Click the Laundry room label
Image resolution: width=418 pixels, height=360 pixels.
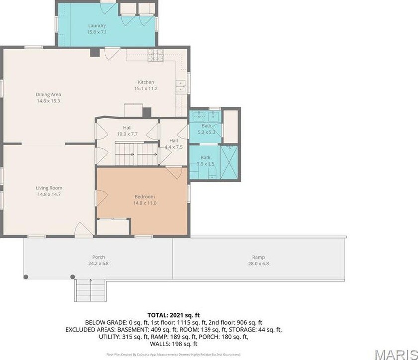coord(97,26)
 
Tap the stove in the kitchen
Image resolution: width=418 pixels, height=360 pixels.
coord(155,56)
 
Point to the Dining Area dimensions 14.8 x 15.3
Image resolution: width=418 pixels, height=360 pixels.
coord(48,101)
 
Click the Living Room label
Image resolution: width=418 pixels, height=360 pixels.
coord(49,188)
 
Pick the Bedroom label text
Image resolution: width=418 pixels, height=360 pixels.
coord(144,197)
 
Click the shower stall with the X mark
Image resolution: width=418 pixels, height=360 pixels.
coord(229,162)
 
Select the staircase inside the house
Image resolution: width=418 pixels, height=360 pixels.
coord(136,153)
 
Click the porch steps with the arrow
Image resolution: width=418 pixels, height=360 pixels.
coord(90,290)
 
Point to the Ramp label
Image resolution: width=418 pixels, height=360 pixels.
coord(259,257)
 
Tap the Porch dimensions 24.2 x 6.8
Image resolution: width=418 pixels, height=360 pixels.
coord(98,264)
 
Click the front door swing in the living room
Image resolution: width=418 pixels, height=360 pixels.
coord(81,230)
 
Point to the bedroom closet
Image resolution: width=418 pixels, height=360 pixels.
coord(113,227)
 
